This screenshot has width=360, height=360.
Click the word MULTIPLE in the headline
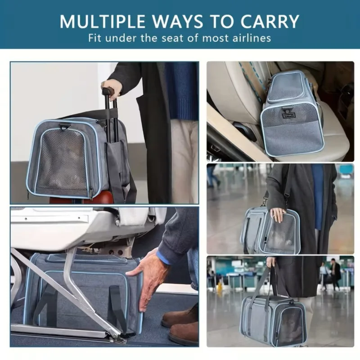[103, 21]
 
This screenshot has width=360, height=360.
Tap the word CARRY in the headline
[270, 21]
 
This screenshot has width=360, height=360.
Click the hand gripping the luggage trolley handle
[112, 89]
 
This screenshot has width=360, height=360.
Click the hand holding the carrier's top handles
[271, 261]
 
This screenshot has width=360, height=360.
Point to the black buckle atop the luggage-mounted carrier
[65, 127]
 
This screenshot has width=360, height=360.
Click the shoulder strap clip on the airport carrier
[286, 196]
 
